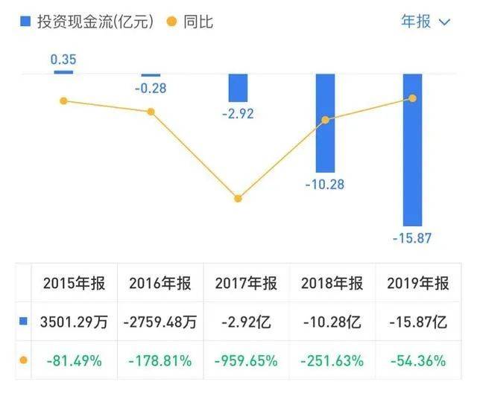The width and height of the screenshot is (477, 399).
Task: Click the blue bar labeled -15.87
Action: point(412,149)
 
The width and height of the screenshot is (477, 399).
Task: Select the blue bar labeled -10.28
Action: point(325,123)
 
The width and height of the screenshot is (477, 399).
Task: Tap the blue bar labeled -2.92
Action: point(238,88)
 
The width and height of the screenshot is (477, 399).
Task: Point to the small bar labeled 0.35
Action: point(63,71)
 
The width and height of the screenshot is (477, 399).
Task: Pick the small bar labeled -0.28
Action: point(151,74)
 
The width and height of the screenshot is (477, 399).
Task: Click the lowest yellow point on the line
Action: point(238,199)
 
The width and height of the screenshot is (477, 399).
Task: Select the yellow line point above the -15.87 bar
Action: point(412,98)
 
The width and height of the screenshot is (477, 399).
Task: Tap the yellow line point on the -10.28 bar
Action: point(325,120)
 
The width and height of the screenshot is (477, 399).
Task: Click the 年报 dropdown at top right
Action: point(426,22)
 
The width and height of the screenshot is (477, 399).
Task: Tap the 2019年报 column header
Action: point(418,284)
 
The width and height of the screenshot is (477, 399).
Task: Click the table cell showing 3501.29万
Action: point(75,322)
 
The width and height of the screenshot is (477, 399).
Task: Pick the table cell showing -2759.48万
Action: point(160,322)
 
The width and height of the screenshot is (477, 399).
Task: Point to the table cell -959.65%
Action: point(246,361)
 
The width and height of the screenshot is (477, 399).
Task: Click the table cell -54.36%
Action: point(418,361)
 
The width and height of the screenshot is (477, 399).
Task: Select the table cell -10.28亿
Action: point(332,322)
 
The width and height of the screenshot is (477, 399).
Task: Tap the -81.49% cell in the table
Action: point(75,361)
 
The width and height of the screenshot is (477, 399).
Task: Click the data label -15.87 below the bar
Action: point(412,239)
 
